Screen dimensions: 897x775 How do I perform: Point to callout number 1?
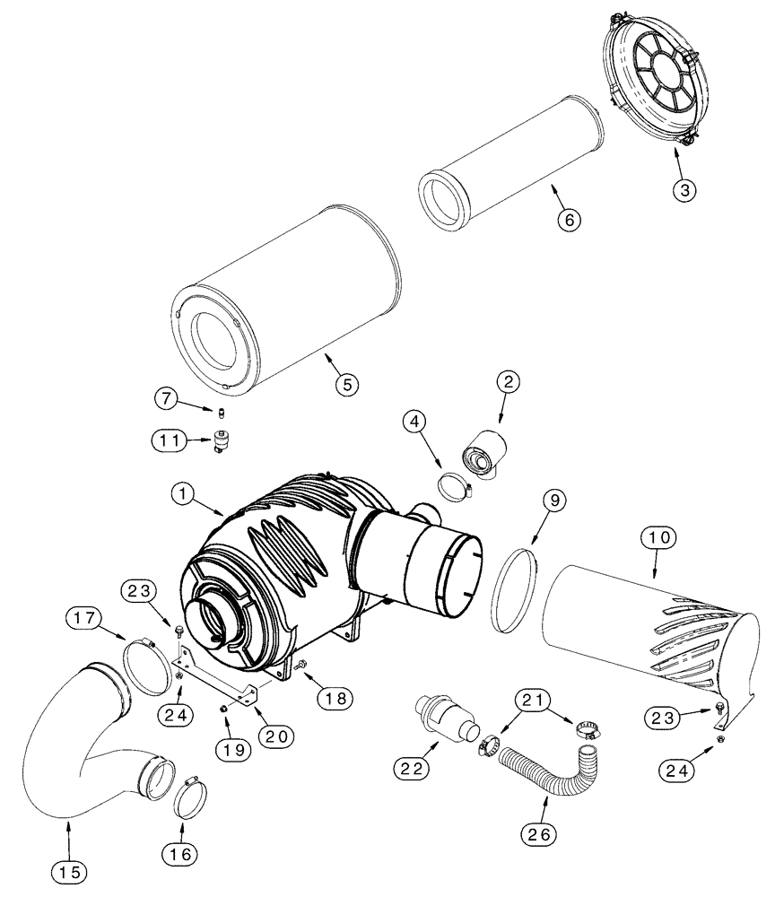coord(184,493)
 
